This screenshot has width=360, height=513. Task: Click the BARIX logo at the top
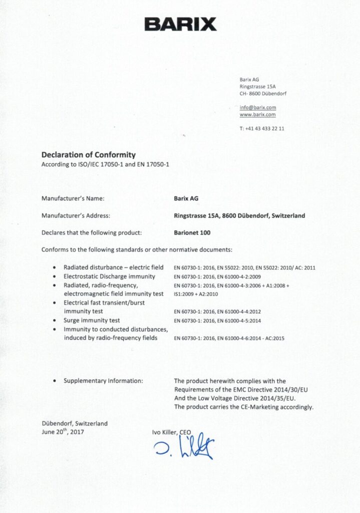(180, 24)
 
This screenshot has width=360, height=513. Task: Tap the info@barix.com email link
(258, 108)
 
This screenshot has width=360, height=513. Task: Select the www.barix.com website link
(258, 115)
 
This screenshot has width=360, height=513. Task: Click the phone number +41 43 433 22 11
(262, 129)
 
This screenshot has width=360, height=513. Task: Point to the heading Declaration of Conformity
(88, 155)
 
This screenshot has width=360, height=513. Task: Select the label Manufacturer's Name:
(73, 198)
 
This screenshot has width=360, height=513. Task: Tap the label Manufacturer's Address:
(76, 215)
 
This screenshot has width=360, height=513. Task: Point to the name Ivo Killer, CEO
(172, 431)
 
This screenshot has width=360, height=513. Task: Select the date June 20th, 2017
(63, 431)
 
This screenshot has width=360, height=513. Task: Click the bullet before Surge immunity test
(54, 321)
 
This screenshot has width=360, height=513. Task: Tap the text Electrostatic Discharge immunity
(109, 277)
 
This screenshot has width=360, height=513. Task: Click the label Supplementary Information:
(103, 381)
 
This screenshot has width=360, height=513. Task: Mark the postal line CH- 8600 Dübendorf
(263, 94)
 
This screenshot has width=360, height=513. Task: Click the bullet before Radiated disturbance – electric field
(54, 268)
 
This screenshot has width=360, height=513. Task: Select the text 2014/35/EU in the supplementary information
(281, 398)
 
